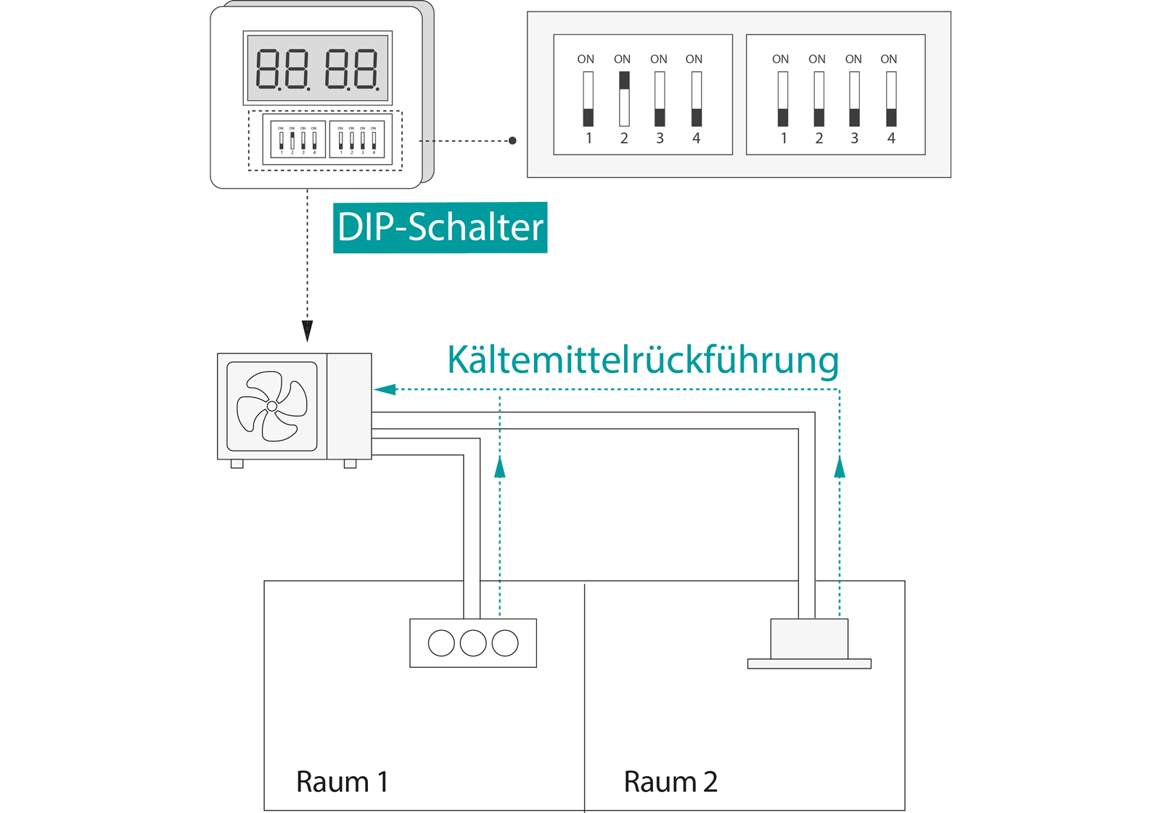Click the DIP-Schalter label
440,227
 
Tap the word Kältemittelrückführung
643,360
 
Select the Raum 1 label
342,782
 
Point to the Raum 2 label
670,782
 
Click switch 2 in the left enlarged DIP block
624,99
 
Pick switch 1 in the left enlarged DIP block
588,99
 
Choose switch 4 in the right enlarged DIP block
891,99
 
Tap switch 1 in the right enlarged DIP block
782,99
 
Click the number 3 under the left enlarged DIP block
660,138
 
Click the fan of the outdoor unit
272,406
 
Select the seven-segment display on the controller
318,68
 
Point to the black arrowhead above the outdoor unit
308,331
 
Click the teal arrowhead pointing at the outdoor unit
385,390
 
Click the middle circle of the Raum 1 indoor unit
473,643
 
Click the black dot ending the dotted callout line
512,141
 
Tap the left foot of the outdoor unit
237,464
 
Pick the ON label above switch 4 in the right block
889,60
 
